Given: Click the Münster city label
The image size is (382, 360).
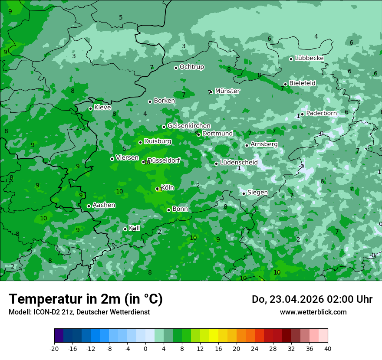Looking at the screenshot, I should click(x=227, y=91).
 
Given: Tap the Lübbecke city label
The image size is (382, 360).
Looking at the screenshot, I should click(x=309, y=58).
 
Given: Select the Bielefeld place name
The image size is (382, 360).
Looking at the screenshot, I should click(x=302, y=83).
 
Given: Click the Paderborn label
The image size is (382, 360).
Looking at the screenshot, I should click(x=321, y=113).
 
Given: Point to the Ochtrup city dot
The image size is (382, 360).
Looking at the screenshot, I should click(x=176, y=68).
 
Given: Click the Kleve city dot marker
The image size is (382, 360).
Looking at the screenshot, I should click(x=90, y=108).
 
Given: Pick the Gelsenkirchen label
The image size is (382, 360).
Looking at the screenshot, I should click(x=189, y=126).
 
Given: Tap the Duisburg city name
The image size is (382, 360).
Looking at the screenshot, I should click(x=158, y=141).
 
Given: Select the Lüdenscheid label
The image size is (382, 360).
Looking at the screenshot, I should click(x=239, y=163).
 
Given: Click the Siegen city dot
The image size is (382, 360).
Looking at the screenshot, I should click(x=244, y=193).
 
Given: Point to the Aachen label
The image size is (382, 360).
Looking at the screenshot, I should click(x=104, y=205).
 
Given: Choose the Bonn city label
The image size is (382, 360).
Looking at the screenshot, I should click(x=180, y=209).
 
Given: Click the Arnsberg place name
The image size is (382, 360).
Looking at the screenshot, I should click(x=264, y=144).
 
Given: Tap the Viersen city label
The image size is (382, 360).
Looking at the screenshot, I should click(x=127, y=158).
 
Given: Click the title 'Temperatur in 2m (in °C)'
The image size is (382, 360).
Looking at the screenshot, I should click(x=86, y=299).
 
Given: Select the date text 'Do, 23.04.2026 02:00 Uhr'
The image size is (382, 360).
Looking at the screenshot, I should click(x=312, y=299).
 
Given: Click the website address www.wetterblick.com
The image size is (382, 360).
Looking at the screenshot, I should click(x=313, y=312).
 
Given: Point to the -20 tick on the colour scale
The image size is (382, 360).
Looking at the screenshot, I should click(x=54, y=348).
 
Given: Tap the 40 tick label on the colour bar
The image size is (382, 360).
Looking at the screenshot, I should click(x=328, y=348).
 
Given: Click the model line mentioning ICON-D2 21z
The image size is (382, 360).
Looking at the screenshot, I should click(x=79, y=312).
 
